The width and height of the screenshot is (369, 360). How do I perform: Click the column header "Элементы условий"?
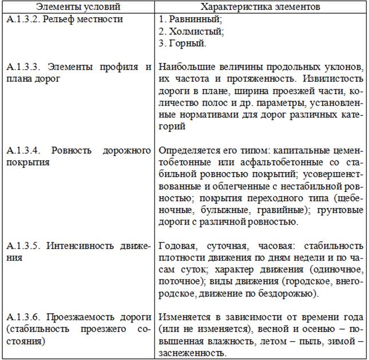pos(78,7)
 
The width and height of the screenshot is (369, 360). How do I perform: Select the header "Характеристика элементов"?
pos(260,7)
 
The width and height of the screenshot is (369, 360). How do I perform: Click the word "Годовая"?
pos(177,246)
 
